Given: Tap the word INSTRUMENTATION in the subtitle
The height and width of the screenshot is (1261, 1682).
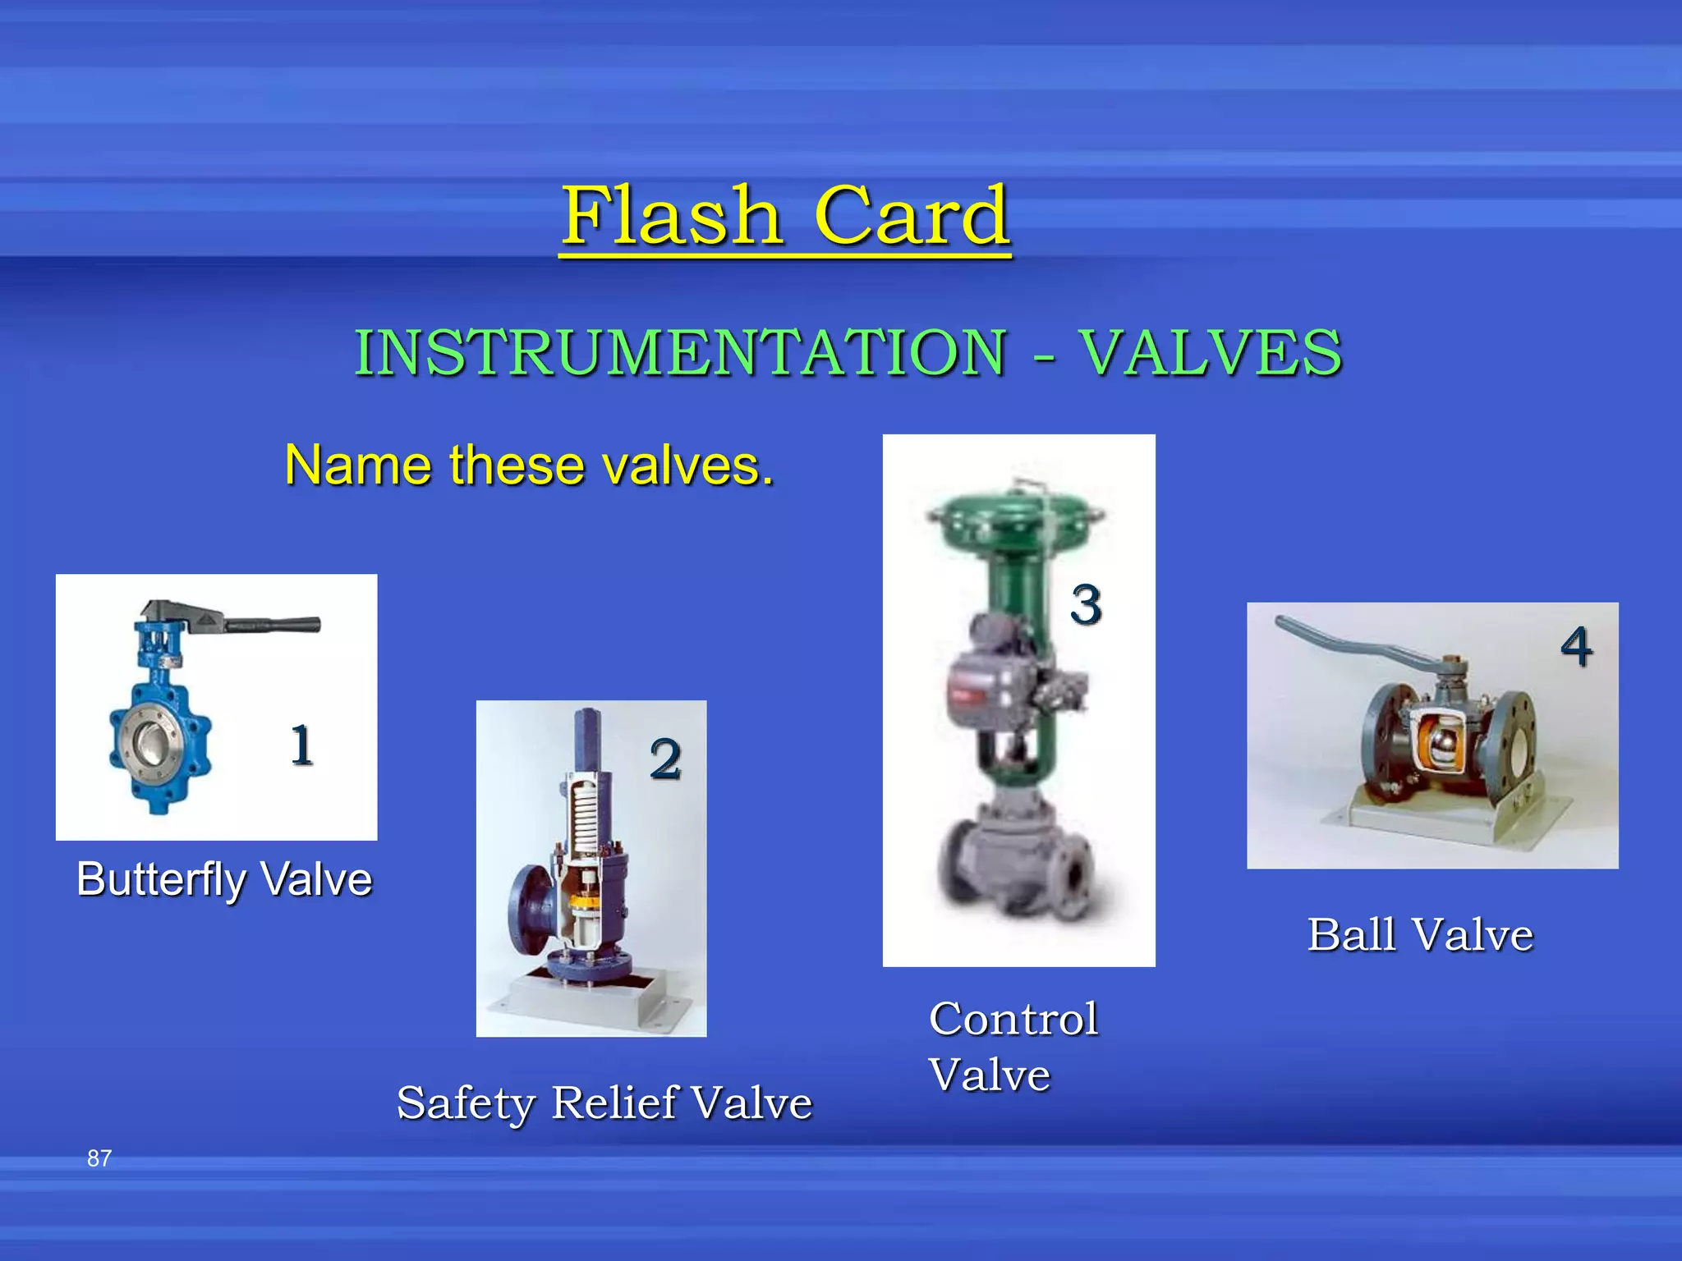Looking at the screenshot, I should click(680, 352).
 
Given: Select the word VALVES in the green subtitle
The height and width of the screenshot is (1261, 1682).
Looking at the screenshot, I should click(1211, 352).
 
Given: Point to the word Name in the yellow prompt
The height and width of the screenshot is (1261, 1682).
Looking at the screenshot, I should click(356, 465).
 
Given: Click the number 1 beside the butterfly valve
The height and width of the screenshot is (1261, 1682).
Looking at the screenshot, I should click(302, 745).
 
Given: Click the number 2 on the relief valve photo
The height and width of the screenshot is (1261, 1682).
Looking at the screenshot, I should click(665, 759).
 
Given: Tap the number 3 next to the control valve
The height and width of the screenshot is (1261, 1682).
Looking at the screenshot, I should click(1086, 605).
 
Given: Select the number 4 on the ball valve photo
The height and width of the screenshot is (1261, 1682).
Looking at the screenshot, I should click(1576, 647).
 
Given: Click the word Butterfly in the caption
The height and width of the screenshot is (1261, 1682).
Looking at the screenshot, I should click(161, 879).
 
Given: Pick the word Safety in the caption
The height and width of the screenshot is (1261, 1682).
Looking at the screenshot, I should click(466, 1103).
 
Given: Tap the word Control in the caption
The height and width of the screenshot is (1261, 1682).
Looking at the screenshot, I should click(1013, 1019).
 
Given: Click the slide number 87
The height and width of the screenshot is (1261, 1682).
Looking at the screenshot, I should click(99, 1158).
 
